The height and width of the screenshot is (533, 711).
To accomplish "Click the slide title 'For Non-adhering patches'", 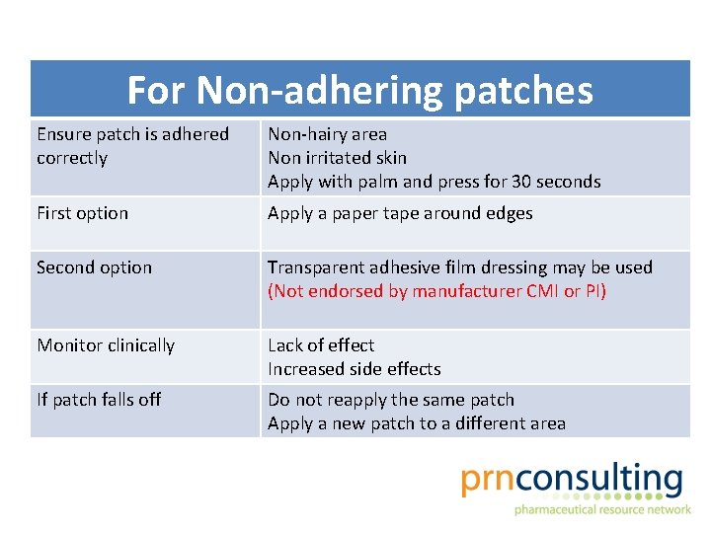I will pyautogui.click(x=359, y=91).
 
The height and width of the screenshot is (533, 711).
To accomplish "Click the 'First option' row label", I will pyautogui.click(x=82, y=213).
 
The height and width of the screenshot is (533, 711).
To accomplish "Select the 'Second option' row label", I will pyautogui.click(x=94, y=267).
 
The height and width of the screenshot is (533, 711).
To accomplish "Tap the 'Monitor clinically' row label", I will pyautogui.click(x=106, y=345).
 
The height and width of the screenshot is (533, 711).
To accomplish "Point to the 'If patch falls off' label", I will pyautogui.click(x=99, y=400).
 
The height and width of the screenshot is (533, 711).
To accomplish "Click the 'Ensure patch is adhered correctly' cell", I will pyautogui.click(x=132, y=146).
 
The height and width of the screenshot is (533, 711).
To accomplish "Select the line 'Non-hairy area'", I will pyautogui.click(x=327, y=134).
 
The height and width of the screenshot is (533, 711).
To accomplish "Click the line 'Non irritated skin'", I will pyautogui.click(x=337, y=158).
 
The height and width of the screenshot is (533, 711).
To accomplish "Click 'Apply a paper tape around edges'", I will pyautogui.click(x=400, y=213).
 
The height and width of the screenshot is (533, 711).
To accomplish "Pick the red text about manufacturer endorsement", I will pyautogui.click(x=437, y=291).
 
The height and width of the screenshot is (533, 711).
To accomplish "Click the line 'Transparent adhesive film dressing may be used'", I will pyautogui.click(x=459, y=267).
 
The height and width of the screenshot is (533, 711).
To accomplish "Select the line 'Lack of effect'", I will pyautogui.click(x=321, y=345).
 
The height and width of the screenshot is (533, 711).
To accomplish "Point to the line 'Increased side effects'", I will pyautogui.click(x=354, y=369).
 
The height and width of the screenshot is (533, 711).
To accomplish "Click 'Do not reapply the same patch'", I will pyautogui.click(x=391, y=400).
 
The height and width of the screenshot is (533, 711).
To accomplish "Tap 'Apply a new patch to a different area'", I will pyautogui.click(x=417, y=423).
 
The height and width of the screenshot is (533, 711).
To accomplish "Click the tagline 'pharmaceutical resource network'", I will pyautogui.click(x=601, y=509).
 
